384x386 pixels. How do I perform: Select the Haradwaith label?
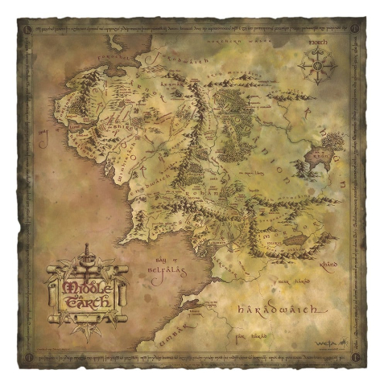pos(279,310)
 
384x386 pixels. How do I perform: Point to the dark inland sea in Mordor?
pos(292,240)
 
